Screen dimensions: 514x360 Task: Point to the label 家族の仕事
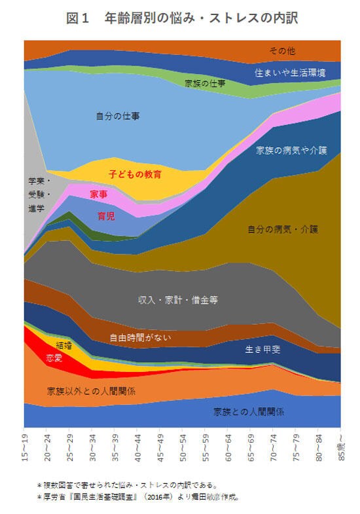pyautogui.click(x=206, y=83)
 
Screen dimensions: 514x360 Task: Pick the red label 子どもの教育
pyautogui.click(x=135, y=175)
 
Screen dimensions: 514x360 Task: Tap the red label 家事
pyautogui.click(x=99, y=194)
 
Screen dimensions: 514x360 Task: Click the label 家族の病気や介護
pyautogui.click(x=291, y=150)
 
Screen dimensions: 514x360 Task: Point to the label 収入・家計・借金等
pyautogui.click(x=177, y=300)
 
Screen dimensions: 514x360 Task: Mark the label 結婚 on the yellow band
pyautogui.click(x=64, y=345)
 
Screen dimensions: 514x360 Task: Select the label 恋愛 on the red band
pyautogui.click(x=54, y=358)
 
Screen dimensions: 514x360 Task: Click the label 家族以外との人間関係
pyautogui.click(x=91, y=391)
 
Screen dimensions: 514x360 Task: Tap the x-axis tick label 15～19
pyautogui.click(x=25, y=447)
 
